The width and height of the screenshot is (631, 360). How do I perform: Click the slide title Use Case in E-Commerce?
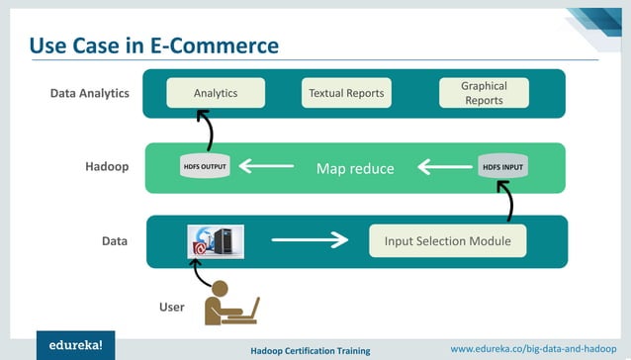point(153,45)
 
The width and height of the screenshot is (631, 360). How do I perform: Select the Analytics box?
point(215,93)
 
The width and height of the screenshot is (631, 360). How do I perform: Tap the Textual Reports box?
point(345,93)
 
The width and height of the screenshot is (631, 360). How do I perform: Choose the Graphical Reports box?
point(484,93)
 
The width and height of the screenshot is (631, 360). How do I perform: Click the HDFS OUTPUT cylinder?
point(206,166)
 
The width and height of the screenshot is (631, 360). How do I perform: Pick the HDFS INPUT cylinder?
point(503,166)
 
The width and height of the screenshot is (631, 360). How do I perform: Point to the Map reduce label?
point(355,168)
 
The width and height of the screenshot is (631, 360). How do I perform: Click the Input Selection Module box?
point(447,240)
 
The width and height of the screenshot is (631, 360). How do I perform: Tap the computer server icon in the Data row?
point(216,240)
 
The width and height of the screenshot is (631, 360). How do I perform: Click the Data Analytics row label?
point(90,94)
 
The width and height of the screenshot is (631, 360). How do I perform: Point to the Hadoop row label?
point(107,167)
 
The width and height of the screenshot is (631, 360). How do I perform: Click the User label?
point(172,308)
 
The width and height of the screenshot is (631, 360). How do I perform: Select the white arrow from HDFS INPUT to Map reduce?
point(444,167)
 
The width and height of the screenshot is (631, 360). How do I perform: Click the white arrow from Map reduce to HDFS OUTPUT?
point(266,166)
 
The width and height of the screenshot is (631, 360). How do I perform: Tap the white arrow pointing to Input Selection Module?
point(310,239)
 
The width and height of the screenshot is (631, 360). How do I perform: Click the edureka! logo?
point(75,345)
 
